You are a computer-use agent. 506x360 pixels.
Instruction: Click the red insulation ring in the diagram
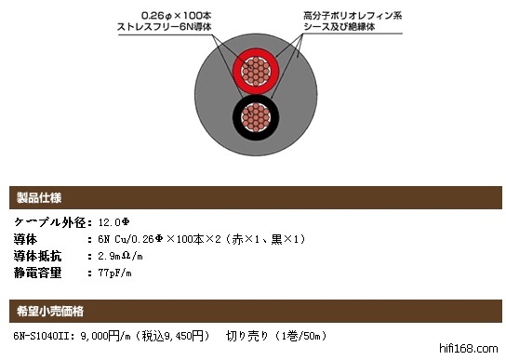coord(238,72)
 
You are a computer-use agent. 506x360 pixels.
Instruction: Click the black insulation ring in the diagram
coord(238,117)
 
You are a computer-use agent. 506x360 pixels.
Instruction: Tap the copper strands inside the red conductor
coord(256,72)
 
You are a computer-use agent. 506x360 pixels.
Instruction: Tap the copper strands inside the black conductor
coord(256,117)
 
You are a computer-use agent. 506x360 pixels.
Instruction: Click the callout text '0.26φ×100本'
coord(176,16)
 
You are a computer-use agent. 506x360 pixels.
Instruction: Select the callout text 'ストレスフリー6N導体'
coord(165,26)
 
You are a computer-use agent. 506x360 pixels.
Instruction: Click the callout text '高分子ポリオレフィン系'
coord(353,16)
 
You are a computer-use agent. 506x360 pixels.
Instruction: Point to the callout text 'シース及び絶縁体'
coord(340,26)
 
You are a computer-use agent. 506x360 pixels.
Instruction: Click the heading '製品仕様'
coord(39,197)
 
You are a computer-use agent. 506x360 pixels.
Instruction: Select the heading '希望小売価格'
coord(50,312)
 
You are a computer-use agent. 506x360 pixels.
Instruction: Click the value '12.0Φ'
coord(113,222)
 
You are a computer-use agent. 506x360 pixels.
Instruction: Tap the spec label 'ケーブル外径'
coord(50,222)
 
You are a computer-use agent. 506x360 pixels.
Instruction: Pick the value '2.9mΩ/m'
coord(120,256)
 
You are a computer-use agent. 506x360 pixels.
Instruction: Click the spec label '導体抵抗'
coord(37,256)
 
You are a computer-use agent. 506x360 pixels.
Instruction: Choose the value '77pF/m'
coord(115,273)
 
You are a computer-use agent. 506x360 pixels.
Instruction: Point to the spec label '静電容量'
coord(37,273)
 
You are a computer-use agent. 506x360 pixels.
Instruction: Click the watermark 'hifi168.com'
coord(469,349)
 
